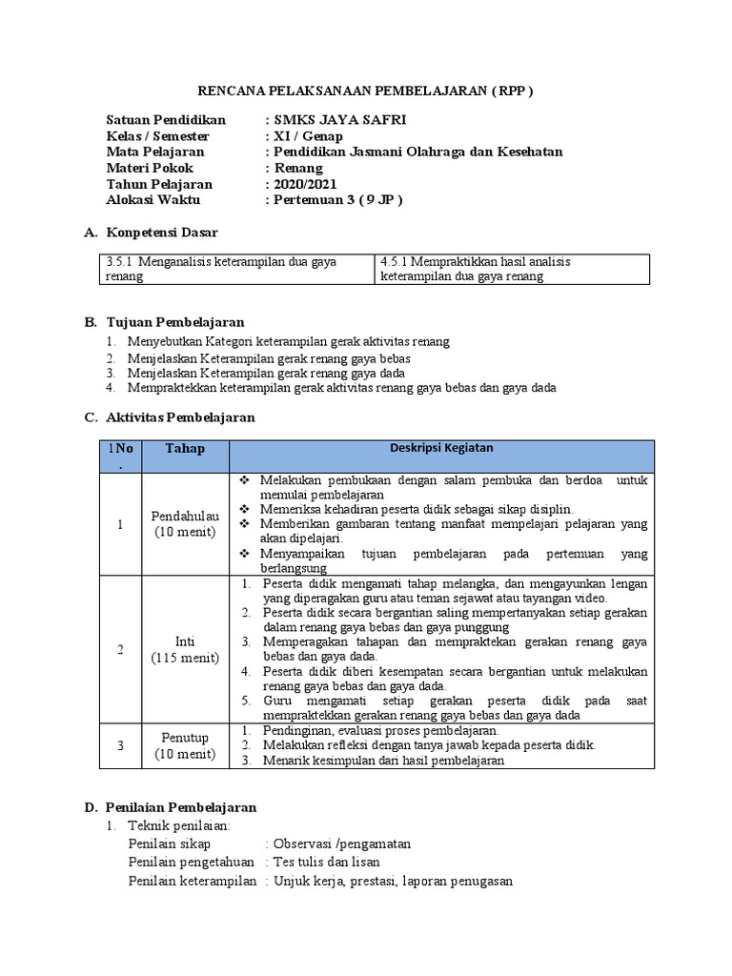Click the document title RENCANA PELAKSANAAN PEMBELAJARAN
point(365,91)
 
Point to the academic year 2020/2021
point(305,184)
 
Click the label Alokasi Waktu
point(159,200)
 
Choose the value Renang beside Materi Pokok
point(298,168)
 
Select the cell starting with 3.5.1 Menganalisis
point(233,269)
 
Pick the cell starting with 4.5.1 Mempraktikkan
point(512,269)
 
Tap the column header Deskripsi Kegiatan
point(441,448)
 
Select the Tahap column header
point(185,449)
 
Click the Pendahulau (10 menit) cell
point(185,523)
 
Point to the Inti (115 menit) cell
point(185,649)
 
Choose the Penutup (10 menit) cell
point(185,746)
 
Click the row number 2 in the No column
point(120,649)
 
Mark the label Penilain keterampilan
point(192,882)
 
